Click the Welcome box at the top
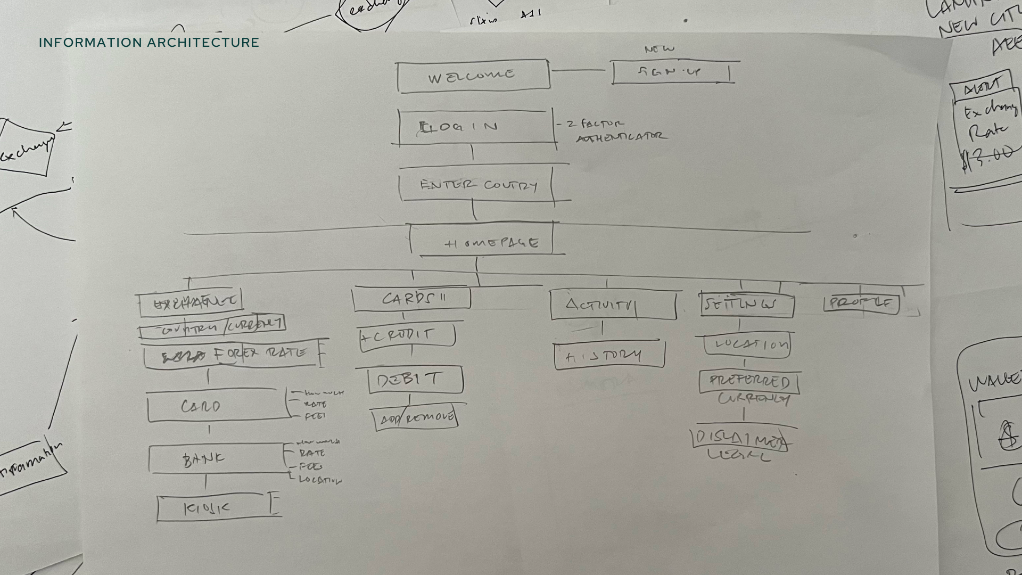click(473, 76)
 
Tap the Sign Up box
click(672, 72)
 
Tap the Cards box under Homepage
click(412, 299)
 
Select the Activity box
click(612, 305)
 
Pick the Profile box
click(861, 303)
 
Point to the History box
click(609, 356)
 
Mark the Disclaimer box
click(741, 439)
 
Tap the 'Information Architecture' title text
click(149, 43)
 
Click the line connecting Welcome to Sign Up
click(580, 70)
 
